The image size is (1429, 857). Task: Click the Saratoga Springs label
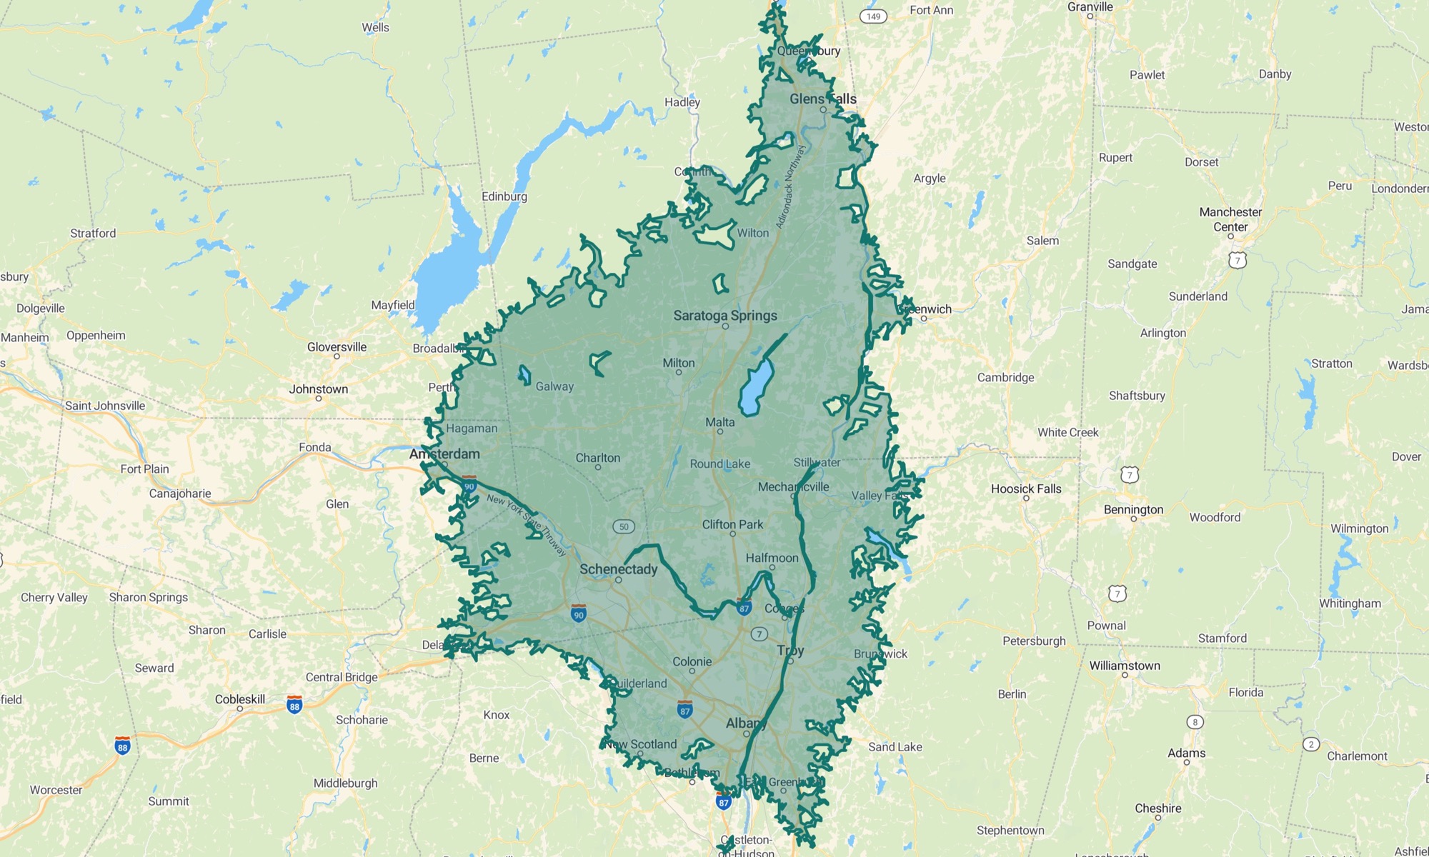pyautogui.click(x=725, y=316)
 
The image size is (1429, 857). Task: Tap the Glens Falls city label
pyautogui.click(x=822, y=99)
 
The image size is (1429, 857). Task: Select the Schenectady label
pyautogui.click(x=618, y=569)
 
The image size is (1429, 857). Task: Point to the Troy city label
pyautogui.click(x=790, y=651)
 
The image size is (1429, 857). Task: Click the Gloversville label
pyautogui.click(x=337, y=347)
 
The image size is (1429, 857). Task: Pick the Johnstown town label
pyautogui.click(x=319, y=389)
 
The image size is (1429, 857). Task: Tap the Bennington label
pyautogui.click(x=1133, y=510)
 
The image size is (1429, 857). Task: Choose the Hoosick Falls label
pyautogui.click(x=1026, y=489)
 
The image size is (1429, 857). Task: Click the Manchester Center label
pyautogui.click(x=1230, y=219)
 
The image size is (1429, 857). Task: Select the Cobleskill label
pyautogui.click(x=240, y=699)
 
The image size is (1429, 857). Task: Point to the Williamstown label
pyautogui.click(x=1125, y=666)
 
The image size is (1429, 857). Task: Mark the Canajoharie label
pyautogui.click(x=180, y=493)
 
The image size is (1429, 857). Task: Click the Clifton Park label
pyautogui.click(x=732, y=525)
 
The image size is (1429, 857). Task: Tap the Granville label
pyautogui.click(x=1090, y=7)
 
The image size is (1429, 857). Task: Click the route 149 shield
pyautogui.click(x=873, y=16)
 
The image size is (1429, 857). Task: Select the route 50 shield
pyautogui.click(x=624, y=527)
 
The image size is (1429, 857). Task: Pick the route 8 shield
pyautogui.click(x=1195, y=722)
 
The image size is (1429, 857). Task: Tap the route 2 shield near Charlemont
pyautogui.click(x=1311, y=744)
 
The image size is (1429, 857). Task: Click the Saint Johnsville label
pyautogui.click(x=105, y=406)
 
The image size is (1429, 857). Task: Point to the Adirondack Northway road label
pyautogui.click(x=790, y=187)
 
